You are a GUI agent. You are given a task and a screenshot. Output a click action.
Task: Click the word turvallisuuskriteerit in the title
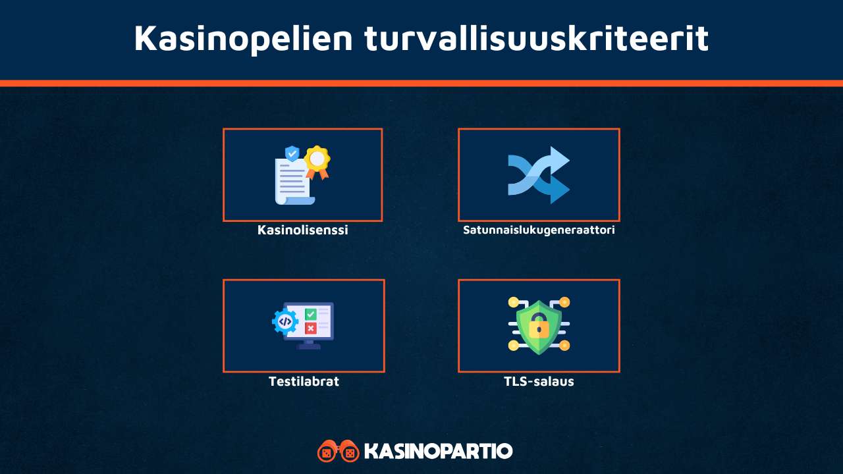pos(536,38)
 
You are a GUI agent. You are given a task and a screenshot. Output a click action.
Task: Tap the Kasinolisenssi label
pos(302,230)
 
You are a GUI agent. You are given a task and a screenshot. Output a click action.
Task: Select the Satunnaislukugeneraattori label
pos(539,230)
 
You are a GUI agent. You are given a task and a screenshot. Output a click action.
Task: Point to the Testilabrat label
pos(304,381)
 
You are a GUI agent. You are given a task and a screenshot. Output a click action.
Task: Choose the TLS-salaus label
pos(539,381)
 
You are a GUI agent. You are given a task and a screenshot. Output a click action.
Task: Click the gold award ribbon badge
pos(317,159)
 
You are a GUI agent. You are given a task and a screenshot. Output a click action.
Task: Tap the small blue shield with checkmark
pos(292,153)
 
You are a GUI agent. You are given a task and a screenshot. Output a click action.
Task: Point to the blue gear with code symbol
pos(285,321)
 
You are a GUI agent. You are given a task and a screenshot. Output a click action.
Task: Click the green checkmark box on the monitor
pos(310,314)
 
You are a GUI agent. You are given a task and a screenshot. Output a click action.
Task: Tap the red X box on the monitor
pos(310,328)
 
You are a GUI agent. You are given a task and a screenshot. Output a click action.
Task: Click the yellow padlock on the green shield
pos(539,325)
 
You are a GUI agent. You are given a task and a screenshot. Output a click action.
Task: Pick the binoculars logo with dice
pos(338,451)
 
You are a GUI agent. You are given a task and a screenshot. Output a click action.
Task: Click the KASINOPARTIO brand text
pos(438,451)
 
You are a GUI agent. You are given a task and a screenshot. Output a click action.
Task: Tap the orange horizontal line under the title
pos(421,83)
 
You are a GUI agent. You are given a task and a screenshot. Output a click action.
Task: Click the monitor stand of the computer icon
pos(308,344)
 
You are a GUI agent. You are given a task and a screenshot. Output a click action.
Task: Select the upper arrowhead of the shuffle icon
pos(559,158)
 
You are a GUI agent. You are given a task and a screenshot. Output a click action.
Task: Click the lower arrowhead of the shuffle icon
pos(559,192)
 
